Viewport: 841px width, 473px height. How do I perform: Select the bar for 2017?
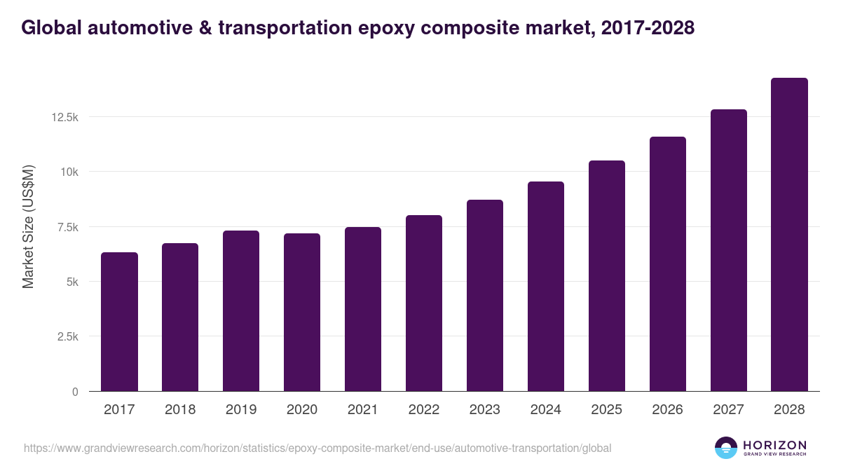coord(119,322)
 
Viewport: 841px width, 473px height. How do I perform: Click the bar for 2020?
coord(302,313)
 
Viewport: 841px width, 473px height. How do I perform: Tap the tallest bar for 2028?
coord(789,235)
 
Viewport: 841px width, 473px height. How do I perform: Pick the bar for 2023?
coord(485,296)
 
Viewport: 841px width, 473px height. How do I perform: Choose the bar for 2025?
coord(607,276)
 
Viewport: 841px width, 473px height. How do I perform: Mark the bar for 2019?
coord(241,311)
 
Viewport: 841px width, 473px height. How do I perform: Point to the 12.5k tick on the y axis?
coord(64,117)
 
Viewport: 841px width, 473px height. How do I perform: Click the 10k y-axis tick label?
coord(68,172)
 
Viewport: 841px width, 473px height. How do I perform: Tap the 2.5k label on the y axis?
coord(67,337)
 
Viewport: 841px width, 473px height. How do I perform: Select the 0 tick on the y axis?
coord(74,392)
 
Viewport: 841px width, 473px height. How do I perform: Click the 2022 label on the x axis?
coord(424,410)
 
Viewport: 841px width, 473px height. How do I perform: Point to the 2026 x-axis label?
coord(667,410)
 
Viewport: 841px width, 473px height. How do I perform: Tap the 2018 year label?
coord(180,410)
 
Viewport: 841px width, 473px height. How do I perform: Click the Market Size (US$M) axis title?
coord(28,226)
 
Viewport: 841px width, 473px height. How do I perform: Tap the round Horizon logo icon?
coord(726,448)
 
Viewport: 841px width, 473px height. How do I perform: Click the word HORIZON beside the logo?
coord(774,444)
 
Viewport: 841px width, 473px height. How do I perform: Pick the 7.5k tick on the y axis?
coord(67,227)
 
